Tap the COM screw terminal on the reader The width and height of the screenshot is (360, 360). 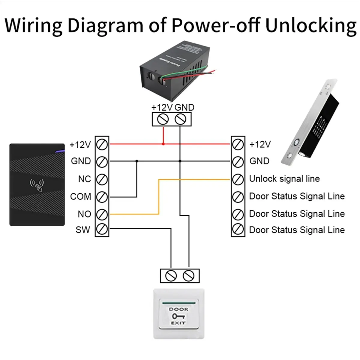tap(102, 197)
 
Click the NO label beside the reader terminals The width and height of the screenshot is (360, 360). tap(84, 214)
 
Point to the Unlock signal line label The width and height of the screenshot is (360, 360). tap(284, 179)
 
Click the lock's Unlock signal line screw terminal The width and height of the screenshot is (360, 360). tap(238, 179)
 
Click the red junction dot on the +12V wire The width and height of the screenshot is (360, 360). tap(163, 144)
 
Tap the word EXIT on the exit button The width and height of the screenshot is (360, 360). tap(178, 323)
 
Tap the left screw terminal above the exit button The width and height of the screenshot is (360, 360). tap(171, 275)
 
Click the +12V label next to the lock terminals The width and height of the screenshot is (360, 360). tap(260, 144)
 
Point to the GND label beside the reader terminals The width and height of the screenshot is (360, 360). tap(81, 161)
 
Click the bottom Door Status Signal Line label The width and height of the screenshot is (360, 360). tap(297, 230)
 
